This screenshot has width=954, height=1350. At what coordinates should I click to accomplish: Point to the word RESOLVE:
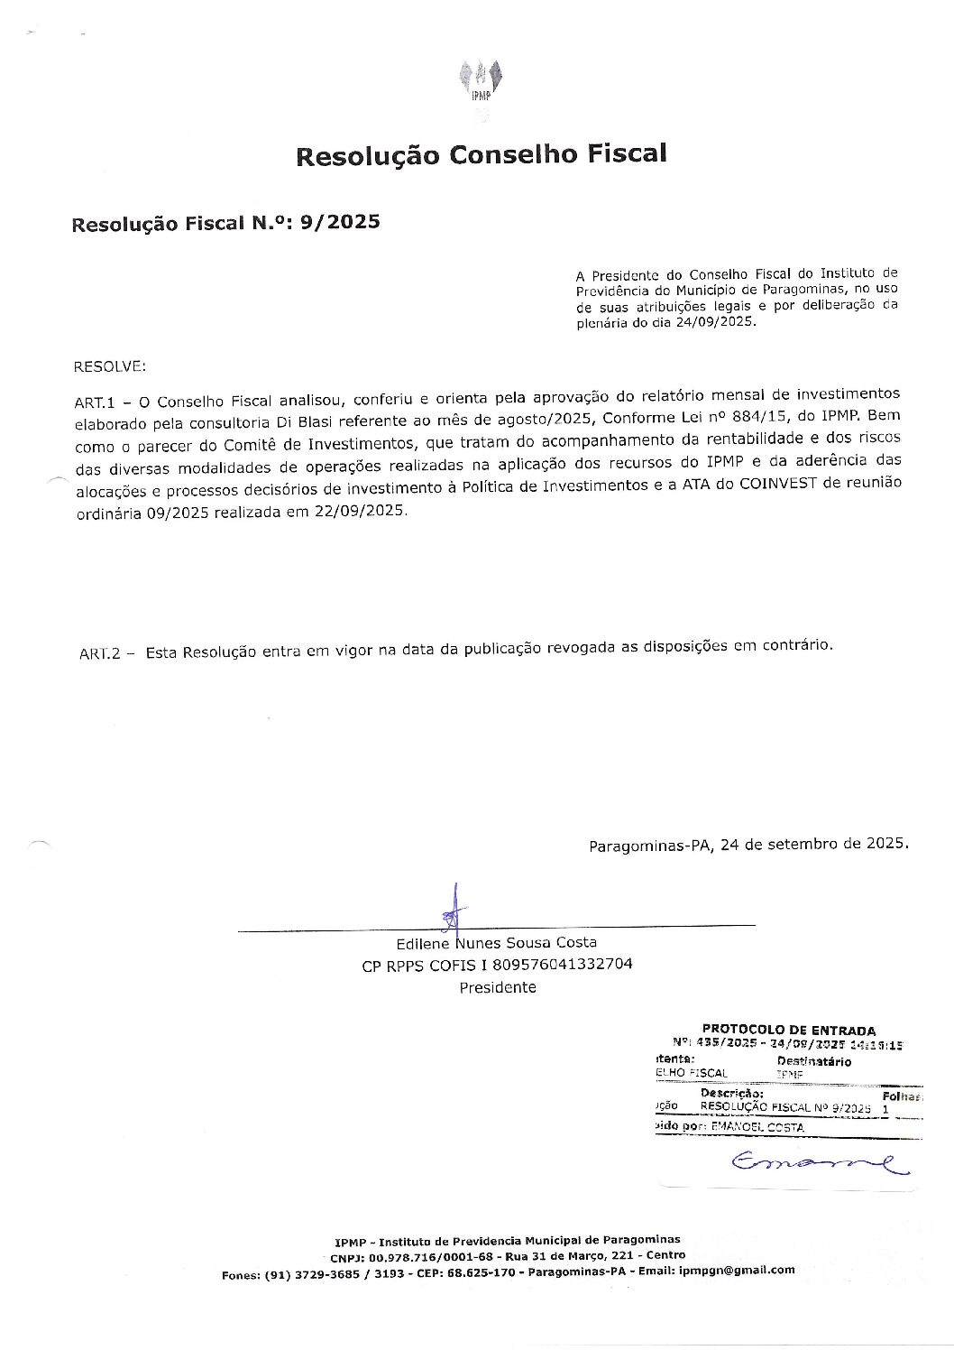point(109,367)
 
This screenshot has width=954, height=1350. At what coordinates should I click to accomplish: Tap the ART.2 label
point(99,652)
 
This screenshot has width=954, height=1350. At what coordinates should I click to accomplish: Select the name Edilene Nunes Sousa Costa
point(496,943)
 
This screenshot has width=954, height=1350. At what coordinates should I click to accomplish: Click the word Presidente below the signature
point(498,987)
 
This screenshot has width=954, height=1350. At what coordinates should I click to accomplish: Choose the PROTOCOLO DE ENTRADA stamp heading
point(788,1030)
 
